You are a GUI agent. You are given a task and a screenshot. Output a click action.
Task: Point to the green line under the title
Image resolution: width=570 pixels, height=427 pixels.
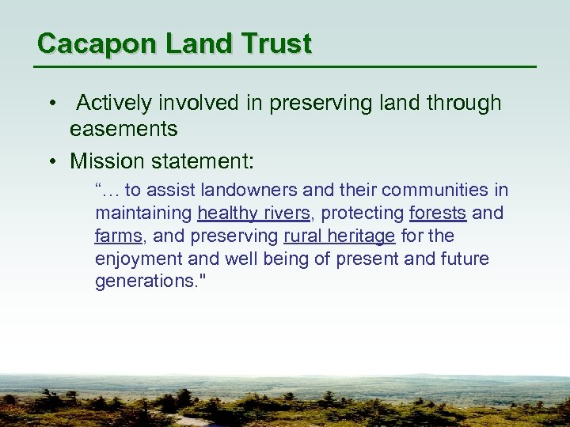coord(285,66)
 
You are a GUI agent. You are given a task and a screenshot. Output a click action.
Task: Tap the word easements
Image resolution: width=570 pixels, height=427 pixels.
coord(123,129)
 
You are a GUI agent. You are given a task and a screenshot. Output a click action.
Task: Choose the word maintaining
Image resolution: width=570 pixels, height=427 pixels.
coord(143,213)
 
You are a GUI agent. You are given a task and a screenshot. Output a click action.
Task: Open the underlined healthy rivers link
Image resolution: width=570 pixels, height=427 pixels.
coord(253,213)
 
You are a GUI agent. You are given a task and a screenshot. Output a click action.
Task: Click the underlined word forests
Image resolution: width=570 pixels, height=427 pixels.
coord(437,213)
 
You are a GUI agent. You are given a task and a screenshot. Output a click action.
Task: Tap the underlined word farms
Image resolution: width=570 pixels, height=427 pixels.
coord(117,236)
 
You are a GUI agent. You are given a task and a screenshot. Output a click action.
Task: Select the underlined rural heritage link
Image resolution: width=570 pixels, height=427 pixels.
coord(339,236)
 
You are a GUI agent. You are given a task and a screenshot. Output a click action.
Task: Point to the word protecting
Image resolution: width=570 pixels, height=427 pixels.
coord(359,213)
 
